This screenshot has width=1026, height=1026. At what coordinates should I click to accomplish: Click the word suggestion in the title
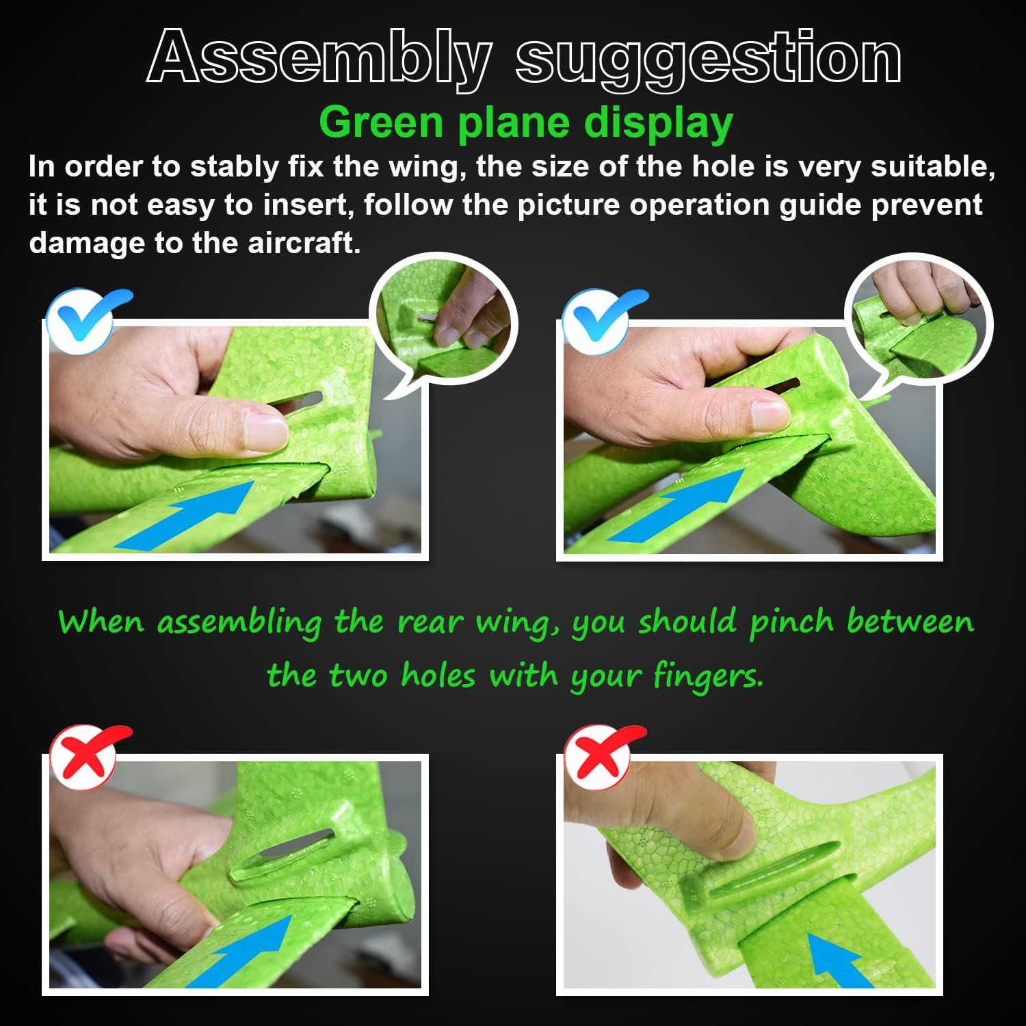(x=708, y=60)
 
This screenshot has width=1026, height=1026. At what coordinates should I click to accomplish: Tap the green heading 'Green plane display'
(x=525, y=123)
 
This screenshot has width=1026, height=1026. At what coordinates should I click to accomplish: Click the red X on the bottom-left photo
(x=86, y=757)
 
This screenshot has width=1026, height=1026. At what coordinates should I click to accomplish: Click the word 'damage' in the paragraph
(x=86, y=243)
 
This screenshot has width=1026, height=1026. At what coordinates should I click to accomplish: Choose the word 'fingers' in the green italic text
(x=707, y=676)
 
